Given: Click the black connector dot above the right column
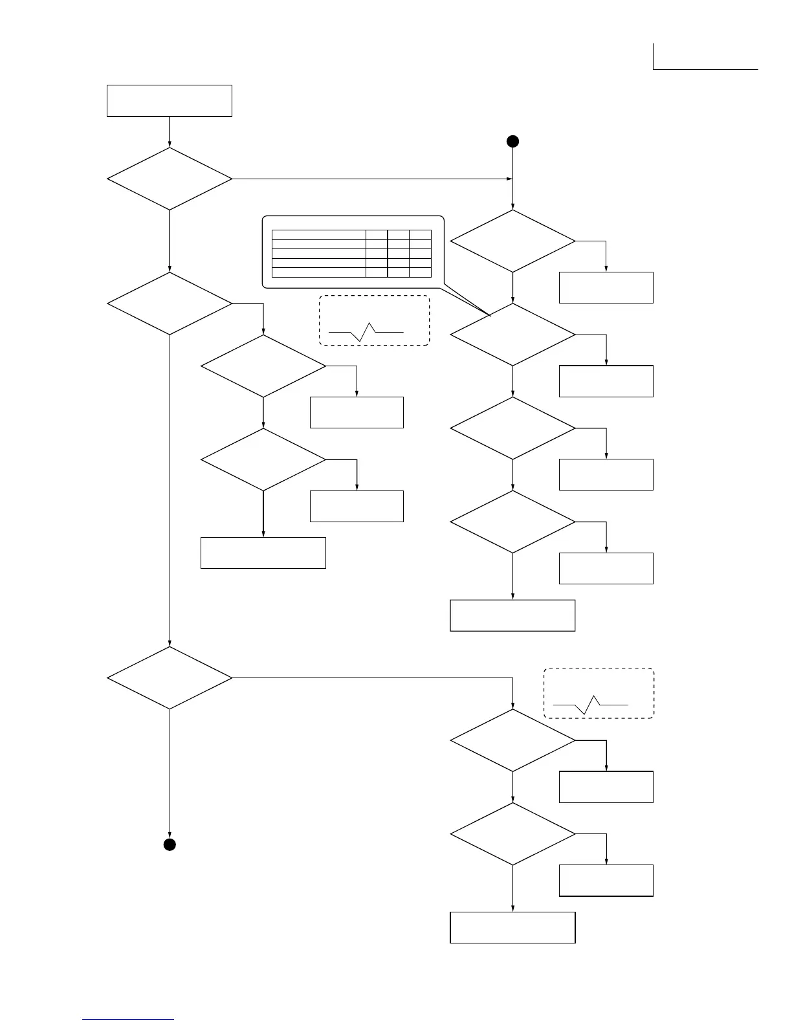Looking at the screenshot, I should coord(512,142).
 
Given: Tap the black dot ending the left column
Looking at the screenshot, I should coord(170,844).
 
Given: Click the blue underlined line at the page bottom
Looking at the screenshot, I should coord(129,1019).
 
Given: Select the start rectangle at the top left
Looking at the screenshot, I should coord(170,100).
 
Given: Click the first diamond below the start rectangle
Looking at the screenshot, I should coord(170,179).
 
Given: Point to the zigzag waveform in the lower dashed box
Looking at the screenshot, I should coord(591,704).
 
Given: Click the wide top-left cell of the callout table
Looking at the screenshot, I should coord(318,235).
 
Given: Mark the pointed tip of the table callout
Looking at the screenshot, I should coord(490,316).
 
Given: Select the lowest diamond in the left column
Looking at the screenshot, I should coord(170,678).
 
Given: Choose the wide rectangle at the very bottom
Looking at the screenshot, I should coord(512,927).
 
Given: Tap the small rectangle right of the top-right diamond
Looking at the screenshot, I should coord(606,288).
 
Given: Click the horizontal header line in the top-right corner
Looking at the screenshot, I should coord(705,69).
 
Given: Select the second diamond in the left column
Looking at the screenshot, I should coord(170,303).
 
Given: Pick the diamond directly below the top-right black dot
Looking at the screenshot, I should coord(512,241).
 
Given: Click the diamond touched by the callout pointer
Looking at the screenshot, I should coord(512,335).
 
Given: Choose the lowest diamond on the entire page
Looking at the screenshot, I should coord(512,834).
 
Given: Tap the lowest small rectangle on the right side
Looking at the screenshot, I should coord(606,880).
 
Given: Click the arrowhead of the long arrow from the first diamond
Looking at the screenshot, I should coord(509,179).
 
